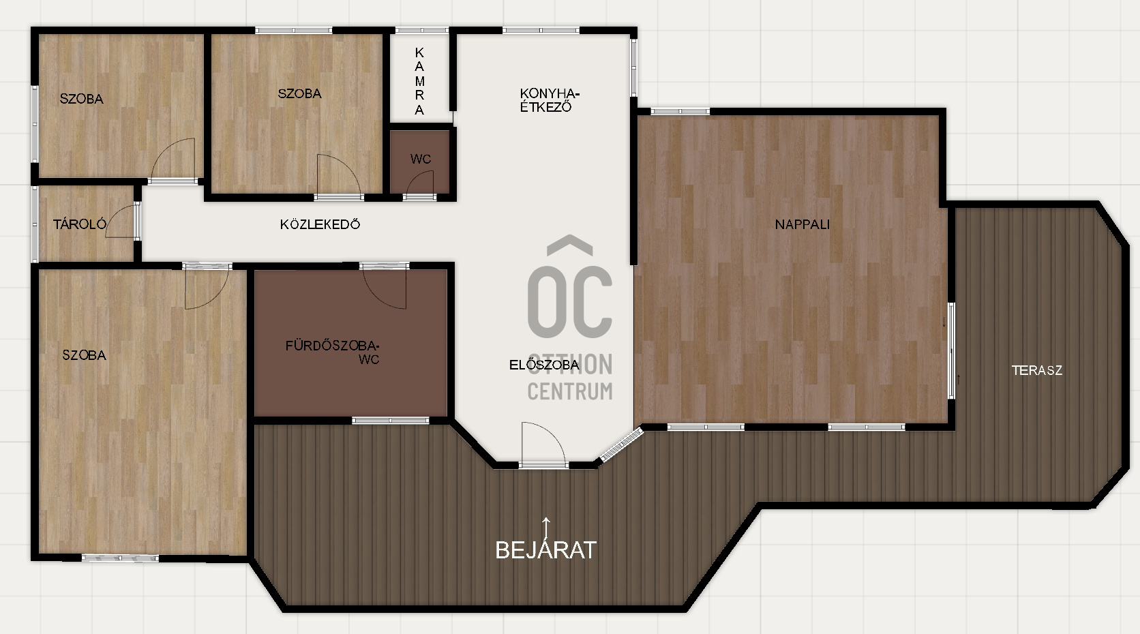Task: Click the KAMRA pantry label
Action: click(x=419, y=81)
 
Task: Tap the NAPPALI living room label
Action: click(x=802, y=224)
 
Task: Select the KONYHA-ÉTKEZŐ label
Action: click(x=550, y=100)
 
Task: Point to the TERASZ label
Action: click(x=1036, y=370)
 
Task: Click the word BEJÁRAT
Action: click(x=545, y=550)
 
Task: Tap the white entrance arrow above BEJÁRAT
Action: click(x=546, y=528)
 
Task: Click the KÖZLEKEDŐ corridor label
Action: click(x=320, y=224)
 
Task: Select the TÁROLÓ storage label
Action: click(x=80, y=224)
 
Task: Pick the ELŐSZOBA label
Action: click(x=544, y=365)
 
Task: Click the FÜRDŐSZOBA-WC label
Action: click(x=332, y=352)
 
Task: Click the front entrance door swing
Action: click(x=543, y=443)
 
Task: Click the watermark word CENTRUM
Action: click(x=570, y=391)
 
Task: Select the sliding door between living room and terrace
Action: click(x=950, y=351)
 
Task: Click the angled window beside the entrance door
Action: click(x=621, y=445)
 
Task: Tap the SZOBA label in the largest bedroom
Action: click(x=84, y=355)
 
